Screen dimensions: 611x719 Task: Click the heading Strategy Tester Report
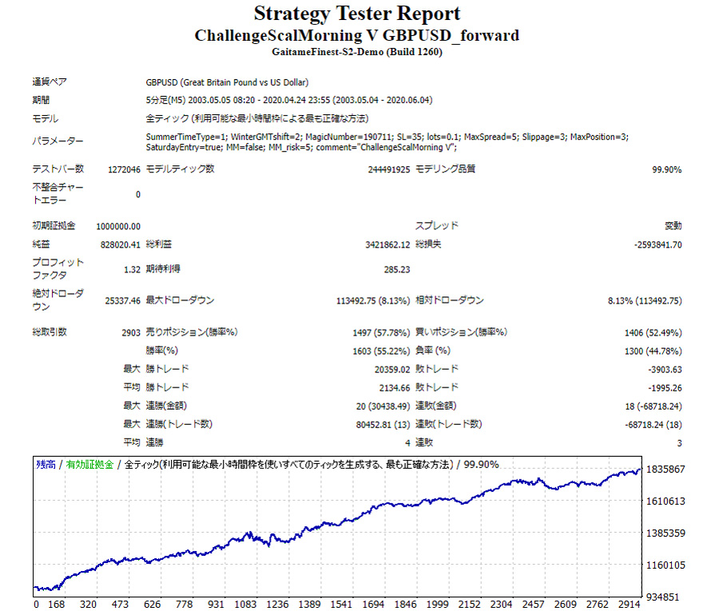357,14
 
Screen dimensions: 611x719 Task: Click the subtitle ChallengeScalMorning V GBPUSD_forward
357,36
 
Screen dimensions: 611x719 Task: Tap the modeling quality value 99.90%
667,169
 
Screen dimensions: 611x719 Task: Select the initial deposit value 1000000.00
118,226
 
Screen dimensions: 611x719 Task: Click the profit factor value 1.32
133,269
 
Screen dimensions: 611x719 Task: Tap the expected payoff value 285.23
397,269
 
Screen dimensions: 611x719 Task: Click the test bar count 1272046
124,169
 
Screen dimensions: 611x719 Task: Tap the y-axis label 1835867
666,470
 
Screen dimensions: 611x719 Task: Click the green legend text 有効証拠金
89,464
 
